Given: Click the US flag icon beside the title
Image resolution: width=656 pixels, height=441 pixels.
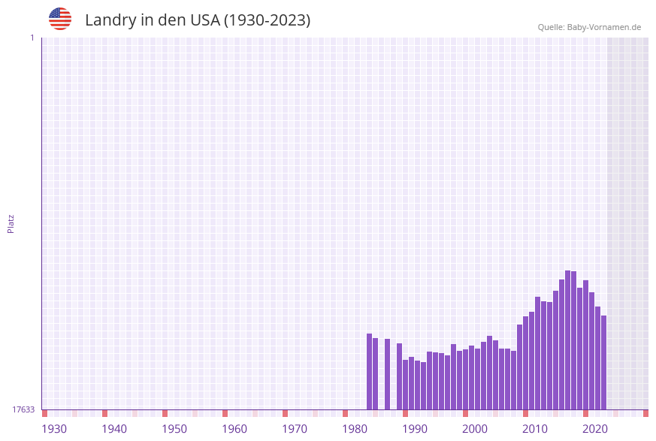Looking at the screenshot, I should tap(60, 19).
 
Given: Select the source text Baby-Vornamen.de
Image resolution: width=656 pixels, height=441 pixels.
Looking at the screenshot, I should tap(604, 27).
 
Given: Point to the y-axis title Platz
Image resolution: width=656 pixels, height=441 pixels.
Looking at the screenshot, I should tap(11, 223).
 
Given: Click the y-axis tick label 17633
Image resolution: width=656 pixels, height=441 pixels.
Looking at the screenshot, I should tap(23, 409).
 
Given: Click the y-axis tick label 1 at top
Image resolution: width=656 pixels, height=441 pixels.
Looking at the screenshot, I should tap(32, 38).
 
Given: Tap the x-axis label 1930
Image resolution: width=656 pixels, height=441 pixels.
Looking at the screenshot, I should tap(54, 428).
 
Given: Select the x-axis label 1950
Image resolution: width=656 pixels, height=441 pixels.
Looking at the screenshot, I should tap(174, 428).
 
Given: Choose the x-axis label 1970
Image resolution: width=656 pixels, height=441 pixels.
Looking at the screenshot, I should tap(295, 428).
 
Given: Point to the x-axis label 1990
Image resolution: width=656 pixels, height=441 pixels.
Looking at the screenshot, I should tap(415, 428).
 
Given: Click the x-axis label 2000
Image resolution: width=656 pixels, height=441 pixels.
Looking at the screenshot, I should tap(475, 428).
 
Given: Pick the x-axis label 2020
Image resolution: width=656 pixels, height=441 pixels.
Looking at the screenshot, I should tap(595, 428).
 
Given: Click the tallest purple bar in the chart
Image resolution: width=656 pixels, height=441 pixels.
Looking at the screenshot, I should tap(568, 340).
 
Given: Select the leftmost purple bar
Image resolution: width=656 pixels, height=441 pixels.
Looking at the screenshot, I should tap(370, 371).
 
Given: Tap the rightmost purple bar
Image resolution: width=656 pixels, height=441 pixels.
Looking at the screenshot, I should tap(603, 362).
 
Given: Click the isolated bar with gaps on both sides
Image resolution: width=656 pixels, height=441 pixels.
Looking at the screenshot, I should tap(388, 373).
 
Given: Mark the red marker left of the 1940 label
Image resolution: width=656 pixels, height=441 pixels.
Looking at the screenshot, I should tap(105, 413).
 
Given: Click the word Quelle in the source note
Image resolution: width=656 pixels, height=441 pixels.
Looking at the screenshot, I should tap(551, 27).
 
